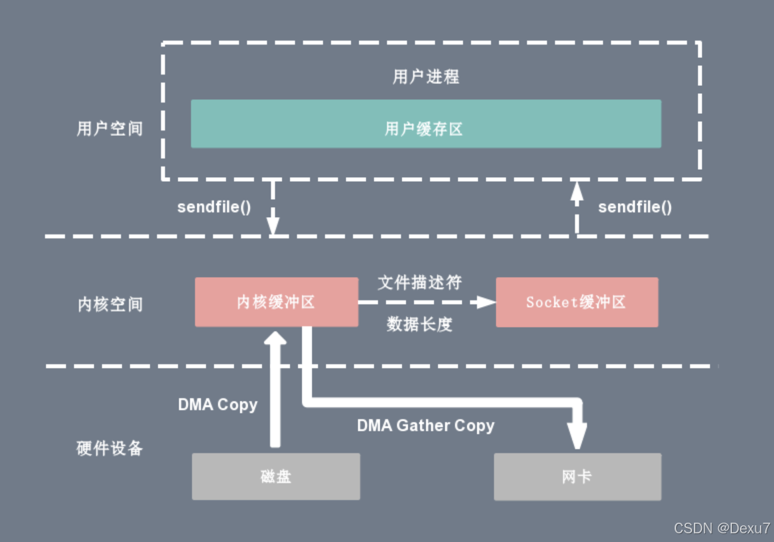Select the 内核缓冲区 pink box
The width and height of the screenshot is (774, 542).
click(275, 302)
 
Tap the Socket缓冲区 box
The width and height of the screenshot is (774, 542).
click(577, 302)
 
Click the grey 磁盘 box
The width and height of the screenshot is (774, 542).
click(275, 477)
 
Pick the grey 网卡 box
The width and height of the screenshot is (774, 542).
click(577, 477)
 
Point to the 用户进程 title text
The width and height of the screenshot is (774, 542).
click(425, 77)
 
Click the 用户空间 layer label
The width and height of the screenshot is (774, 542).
click(109, 129)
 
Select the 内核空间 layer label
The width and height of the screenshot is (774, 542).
click(109, 304)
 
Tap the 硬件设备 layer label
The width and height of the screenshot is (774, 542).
click(109, 448)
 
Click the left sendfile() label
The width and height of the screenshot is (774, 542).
click(214, 207)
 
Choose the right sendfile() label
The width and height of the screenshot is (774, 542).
click(635, 207)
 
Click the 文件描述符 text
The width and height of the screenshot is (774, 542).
click(419, 282)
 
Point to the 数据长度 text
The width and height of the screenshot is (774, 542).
click(419, 324)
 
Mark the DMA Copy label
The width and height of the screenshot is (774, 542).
click(217, 405)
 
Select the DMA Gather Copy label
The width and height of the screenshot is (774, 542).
click(425, 425)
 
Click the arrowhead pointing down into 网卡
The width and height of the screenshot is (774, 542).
click(578, 436)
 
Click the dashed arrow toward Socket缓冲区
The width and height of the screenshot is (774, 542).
click(427, 302)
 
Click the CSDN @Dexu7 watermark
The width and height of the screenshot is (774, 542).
click(721, 529)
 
